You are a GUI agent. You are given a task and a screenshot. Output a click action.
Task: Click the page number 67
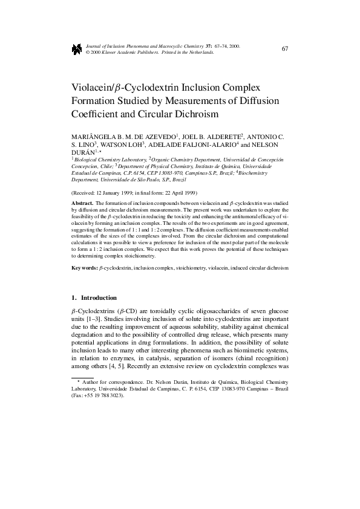[x=284, y=48]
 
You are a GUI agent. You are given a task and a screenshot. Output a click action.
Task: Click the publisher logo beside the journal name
[x=76, y=49]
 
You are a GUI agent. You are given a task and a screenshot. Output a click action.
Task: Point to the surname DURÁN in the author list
[x=83, y=155]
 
